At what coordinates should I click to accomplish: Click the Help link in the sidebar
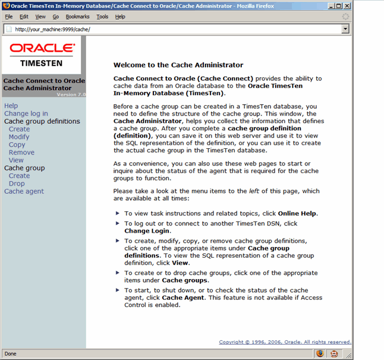pyautogui.click(x=11, y=106)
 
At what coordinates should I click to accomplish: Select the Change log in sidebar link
pyautogui.click(x=26, y=114)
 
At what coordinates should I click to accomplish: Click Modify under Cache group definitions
pyautogui.click(x=19, y=137)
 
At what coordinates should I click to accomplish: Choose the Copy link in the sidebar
pyautogui.click(x=17, y=145)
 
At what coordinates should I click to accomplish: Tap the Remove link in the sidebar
pyautogui.click(x=21, y=152)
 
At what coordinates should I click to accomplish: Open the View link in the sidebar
pyautogui.click(x=16, y=160)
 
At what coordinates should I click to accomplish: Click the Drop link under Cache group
pyautogui.click(x=17, y=183)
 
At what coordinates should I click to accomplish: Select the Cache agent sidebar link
pyautogui.click(x=24, y=191)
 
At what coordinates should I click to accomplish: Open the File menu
pyautogui.click(x=9, y=17)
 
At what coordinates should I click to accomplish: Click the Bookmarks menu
pyautogui.click(x=77, y=17)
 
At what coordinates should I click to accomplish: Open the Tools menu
pyautogui.click(x=102, y=17)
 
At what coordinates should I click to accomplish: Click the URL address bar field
pyautogui.click(x=178, y=29)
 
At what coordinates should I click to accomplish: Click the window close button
pyautogui.click(x=347, y=5)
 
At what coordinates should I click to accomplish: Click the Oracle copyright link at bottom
pyautogui.click(x=285, y=342)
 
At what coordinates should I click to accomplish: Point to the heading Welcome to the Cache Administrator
pyautogui.click(x=178, y=65)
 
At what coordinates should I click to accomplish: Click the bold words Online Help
pyautogui.click(x=297, y=213)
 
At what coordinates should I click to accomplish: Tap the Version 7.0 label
pyautogui.click(x=71, y=95)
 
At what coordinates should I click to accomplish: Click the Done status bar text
pyautogui.click(x=11, y=353)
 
